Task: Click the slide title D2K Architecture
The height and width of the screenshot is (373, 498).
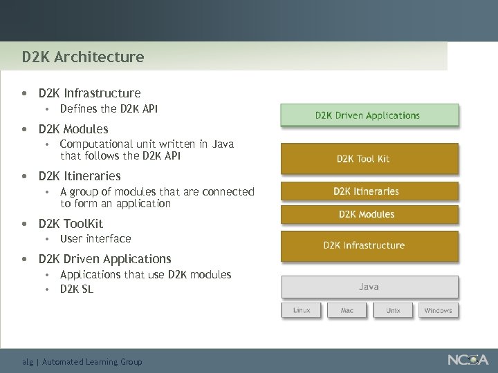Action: pyautogui.click(x=82, y=57)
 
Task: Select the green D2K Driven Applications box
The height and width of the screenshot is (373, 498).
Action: pyautogui.click(x=369, y=115)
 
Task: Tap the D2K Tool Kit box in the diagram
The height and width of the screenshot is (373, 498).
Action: pyautogui.click(x=369, y=158)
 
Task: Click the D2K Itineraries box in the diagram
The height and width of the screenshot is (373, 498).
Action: pyautogui.click(x=369, y=191)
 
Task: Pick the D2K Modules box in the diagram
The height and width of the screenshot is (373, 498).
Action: pyautogui.click(x=369, y=214)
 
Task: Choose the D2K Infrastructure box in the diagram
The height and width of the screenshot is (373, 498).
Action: pyautogui.click(x=369, y=245)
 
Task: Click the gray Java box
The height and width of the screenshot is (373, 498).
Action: pyautogui.click(x=369, y=287)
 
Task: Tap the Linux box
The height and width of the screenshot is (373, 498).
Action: pyautogui.click(x=302, y=310)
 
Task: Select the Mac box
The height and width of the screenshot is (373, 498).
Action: pyautogui.click(x=347, y=310)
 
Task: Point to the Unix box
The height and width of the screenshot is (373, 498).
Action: pyautogui.click(x=393, y=310)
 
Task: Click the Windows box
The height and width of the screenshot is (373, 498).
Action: pyautogui.click(x=439, y=310)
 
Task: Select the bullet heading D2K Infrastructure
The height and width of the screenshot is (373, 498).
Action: pyautogui.click(x=89, y=93)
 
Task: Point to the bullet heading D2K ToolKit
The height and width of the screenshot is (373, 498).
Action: pyautogui.click(x=71, y=223)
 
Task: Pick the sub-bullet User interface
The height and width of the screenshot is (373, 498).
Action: pyautogui.click(x=95, y=239)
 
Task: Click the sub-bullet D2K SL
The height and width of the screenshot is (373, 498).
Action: pyautogui.click(x=77, y=289)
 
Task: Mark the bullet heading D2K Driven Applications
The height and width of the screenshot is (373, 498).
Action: pyautogui.click(x=104, y=259)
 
